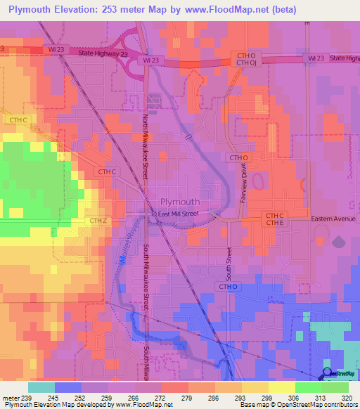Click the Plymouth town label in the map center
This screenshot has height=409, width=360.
point(180,201)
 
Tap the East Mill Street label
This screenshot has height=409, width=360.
point(179,213)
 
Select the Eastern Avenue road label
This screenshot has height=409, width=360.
point(334,219)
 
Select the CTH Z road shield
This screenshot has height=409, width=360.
point(98,221)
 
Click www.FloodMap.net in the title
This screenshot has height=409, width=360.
point(226,10)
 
